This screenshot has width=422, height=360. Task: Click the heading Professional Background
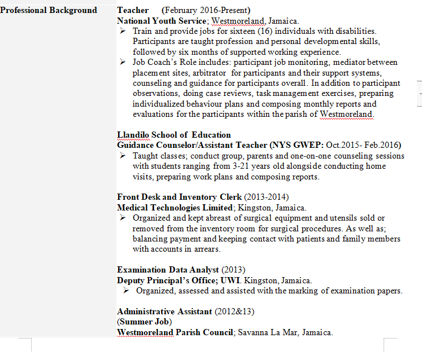click(49, 10)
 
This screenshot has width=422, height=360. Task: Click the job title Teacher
click(133, 10)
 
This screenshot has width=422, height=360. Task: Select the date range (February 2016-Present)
click(206, 10)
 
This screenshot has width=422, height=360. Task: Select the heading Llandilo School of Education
click(174, 135)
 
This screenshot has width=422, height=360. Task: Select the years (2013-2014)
click(266, 197)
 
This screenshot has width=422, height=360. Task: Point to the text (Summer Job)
click(144, 322)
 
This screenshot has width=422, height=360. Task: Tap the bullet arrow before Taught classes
click(124, 155)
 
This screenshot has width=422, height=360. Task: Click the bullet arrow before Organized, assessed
click(127, 290)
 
